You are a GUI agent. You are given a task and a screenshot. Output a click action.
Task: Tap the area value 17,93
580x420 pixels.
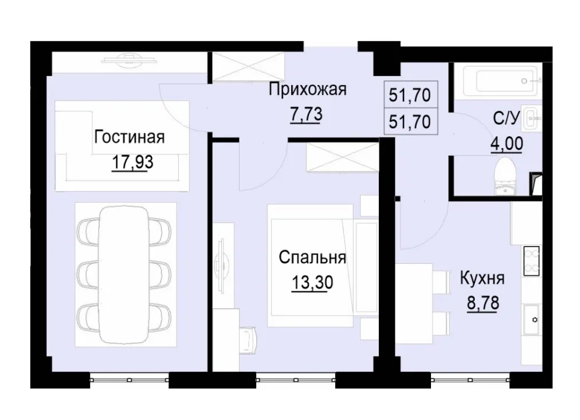[132, 162]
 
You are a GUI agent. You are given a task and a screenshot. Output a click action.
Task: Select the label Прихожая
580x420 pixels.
[308, 89]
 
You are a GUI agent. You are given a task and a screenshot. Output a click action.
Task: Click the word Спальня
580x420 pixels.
[312, 257]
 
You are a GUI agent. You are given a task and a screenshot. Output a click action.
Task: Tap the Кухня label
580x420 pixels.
[482, 279]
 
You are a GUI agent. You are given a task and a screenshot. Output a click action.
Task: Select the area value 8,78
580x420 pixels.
[482, 302]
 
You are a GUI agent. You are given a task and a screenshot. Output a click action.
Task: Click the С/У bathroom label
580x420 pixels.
[507, 119]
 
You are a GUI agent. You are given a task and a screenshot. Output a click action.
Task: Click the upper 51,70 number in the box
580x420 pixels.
[409, 96]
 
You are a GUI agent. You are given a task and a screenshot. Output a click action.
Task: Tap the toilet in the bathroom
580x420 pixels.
[506, 175]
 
